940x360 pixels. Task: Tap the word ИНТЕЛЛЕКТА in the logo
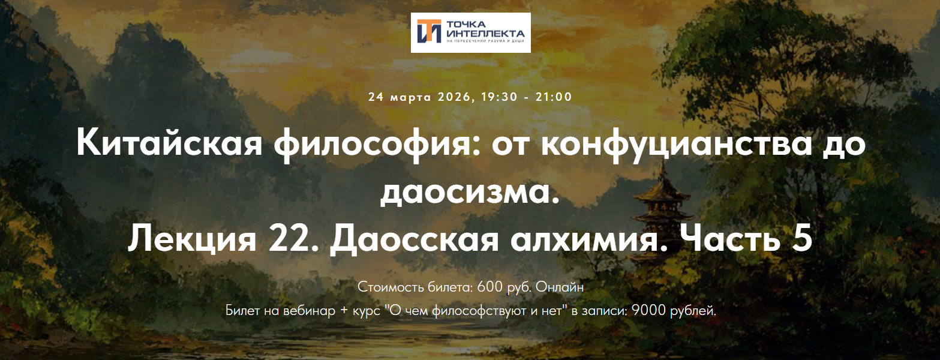click(x=485, y=34)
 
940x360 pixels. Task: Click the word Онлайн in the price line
click(x=560, y=287)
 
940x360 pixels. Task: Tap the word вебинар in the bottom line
click(x=302, y=311)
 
